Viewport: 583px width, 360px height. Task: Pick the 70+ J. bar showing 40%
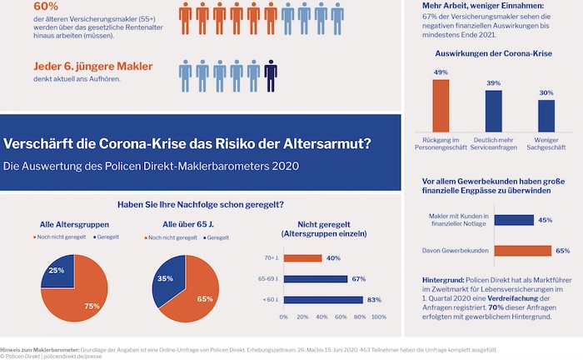point(302,258)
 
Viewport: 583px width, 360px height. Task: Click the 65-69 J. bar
point(316,279)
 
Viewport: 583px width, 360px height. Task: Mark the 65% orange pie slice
point(204,292)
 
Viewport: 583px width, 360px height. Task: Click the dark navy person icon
point(270,75)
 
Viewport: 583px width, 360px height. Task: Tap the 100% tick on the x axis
point(379,317)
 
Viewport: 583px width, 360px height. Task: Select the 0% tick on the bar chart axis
point(283,317)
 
